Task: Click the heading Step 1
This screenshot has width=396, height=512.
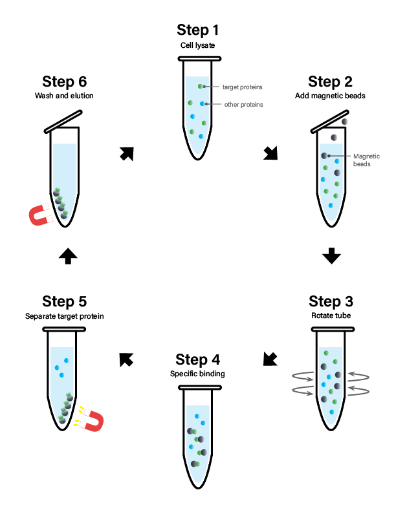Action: point(198,30)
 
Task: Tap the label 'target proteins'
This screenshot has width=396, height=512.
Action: point(242,87)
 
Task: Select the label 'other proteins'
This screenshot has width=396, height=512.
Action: point(243,104)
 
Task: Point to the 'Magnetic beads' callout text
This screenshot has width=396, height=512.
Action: point(366,160)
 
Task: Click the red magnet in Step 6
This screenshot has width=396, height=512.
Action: point(41,216)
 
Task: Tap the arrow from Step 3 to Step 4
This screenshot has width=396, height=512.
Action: point(270,359)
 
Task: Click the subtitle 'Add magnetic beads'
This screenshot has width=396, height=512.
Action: point(331,96)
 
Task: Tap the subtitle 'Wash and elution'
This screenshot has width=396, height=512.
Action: point(64,96)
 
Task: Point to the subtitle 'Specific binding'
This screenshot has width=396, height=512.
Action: point(198,374)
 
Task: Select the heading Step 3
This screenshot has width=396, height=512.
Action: point(331,302)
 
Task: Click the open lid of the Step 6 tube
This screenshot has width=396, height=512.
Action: point(63,121)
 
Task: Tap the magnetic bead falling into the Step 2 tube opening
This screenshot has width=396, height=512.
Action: point(345,122)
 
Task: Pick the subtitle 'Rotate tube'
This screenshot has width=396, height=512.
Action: point(331,316)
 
